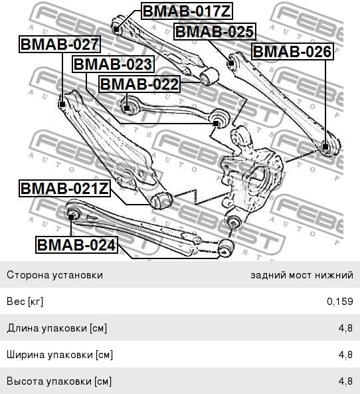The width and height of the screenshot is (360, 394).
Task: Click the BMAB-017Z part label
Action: (187, 11)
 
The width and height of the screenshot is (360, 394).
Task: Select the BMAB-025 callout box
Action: (215, 32)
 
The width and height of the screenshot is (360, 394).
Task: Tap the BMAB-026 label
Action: (293, 52)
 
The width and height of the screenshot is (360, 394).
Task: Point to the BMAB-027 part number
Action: (60, 45)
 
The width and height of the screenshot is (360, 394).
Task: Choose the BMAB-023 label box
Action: (113, 64)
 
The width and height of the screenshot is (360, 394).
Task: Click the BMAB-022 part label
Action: (139, 84)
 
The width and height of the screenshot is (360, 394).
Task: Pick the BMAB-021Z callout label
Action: (64, 189)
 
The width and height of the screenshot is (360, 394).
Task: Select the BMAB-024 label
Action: (76, 245)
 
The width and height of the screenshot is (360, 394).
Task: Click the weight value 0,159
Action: (340, 301)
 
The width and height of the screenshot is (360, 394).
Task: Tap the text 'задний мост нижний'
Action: (302, 275)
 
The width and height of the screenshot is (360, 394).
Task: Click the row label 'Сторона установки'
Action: (54, 274)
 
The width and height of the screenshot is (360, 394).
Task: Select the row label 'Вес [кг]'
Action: (25, 302)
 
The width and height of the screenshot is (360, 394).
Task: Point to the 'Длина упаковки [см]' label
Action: (56, 328)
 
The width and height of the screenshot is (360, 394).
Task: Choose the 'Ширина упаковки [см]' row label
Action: (60, 355)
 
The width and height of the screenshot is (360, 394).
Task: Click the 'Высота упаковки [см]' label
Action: (59, 381)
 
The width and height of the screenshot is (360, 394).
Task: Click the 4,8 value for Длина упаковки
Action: (345, 328)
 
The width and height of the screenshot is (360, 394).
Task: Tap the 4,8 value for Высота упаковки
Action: (345, 381)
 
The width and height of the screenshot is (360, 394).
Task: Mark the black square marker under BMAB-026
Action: (325, 147)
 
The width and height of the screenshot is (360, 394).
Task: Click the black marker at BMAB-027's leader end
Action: (62, 104)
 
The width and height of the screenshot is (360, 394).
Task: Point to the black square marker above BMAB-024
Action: (71, 217)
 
